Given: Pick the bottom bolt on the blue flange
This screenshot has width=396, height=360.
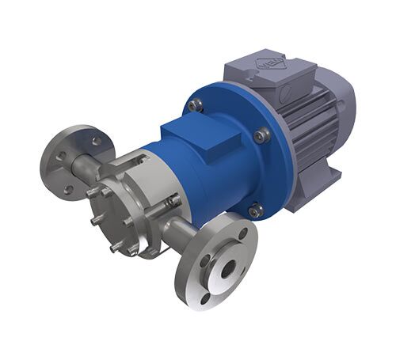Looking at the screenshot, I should coord(255,210).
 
